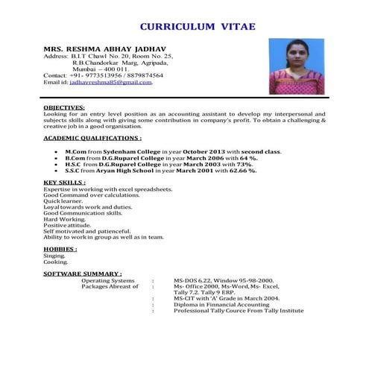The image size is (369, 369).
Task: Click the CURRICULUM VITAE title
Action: click(x=197, y=27)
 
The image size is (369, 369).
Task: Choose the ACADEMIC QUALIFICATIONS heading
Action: click(x=92, y=138)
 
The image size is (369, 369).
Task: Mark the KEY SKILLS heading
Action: click(x=64, y=183)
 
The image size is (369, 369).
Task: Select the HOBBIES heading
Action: click(x=60, y=249)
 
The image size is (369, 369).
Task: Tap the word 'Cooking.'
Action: click(x=55, y=262)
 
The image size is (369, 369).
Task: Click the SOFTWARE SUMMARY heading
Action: click(x=83, y=274)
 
